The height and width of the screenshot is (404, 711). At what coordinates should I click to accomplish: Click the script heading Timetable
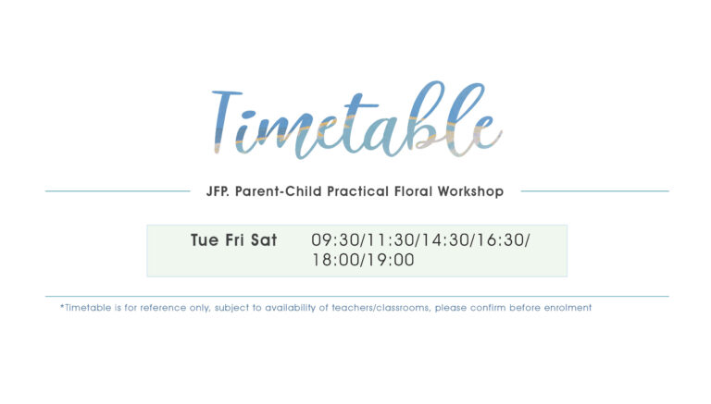click(356, 120)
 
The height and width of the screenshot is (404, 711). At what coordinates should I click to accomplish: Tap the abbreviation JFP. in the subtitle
click(218, 191)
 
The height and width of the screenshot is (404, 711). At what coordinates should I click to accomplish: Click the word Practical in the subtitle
click(357, 191)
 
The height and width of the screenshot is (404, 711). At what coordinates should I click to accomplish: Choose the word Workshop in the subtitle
click(470, 191)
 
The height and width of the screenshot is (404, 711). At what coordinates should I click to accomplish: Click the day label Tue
click(205, 240)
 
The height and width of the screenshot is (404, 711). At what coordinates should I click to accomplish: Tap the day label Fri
click(234, 240)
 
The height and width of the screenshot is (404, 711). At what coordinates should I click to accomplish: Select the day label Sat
click(264, 240)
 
